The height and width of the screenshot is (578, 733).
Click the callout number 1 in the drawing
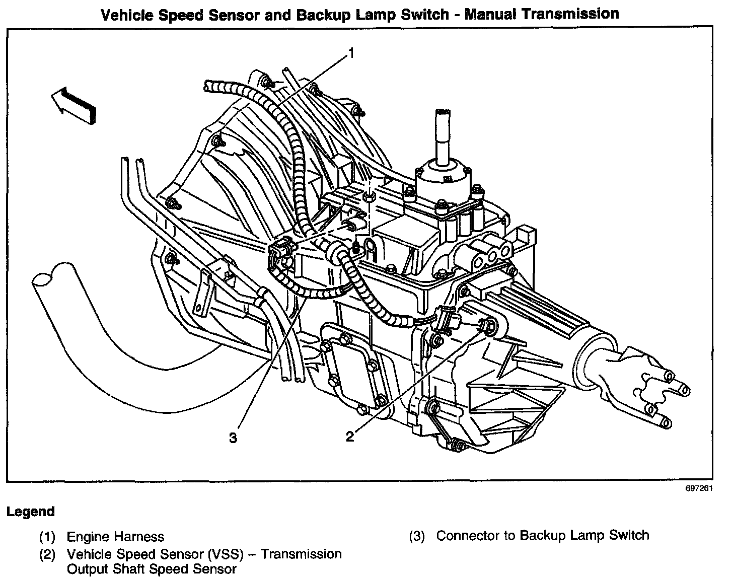coord(352,53)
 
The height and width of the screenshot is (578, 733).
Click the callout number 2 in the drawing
coord(349,436)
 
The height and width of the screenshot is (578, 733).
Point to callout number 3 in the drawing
coord(233,438)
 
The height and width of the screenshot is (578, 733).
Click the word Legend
coord(30,512)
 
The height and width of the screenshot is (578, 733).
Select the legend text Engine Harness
coord(115,537)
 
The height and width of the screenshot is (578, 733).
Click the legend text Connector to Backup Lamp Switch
coord(542,535)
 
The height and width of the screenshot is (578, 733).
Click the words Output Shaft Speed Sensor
coord(152,569)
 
